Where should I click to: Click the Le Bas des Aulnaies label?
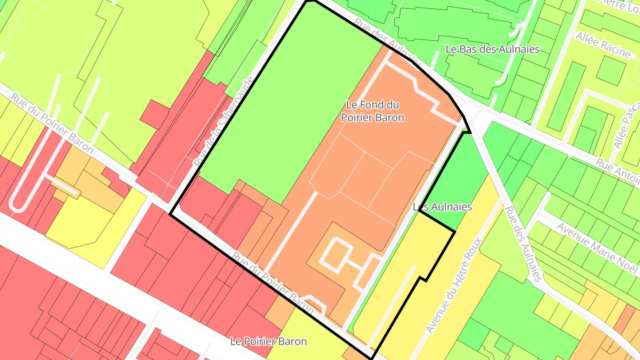(x=492, y=49)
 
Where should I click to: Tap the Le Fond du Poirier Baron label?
(x=372, y=112)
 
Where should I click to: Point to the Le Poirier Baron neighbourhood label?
(x=268, y=341)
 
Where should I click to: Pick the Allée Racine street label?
(x=603, y=45)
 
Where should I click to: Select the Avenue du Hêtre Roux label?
(x=454, y=285)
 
